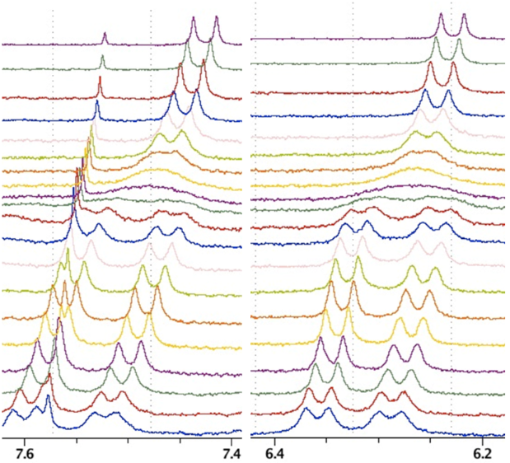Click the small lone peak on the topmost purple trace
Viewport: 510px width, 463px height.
coord(105,35)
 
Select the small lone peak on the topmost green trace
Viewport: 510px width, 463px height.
coord(102,58)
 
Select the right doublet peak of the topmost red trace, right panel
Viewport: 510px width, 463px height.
coord(453,64)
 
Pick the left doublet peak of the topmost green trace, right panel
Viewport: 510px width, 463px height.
coord(436,39)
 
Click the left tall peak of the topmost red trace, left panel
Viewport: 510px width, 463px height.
coord(180,65)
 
